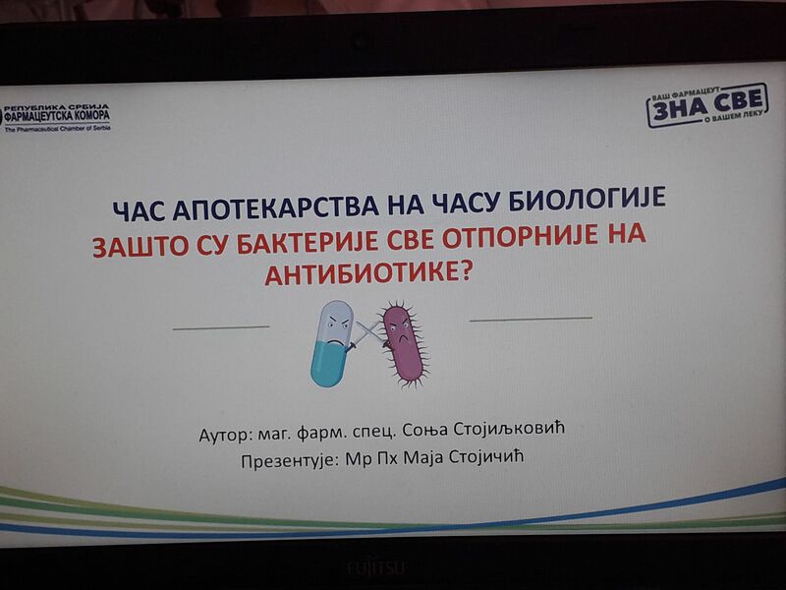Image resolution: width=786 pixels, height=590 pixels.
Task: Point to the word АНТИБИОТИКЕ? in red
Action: (368, 273)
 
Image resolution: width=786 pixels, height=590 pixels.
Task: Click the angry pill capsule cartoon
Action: (332, 343)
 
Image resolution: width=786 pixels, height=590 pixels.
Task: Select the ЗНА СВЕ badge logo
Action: (706, 105)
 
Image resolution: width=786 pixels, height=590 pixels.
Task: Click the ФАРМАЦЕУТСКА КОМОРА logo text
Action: (56, 116)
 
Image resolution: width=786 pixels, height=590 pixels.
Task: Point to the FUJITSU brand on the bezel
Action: (376, 568)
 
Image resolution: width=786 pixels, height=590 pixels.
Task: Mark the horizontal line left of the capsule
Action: (221, 327)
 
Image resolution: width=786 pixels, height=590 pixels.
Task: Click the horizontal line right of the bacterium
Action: (531, 319)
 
